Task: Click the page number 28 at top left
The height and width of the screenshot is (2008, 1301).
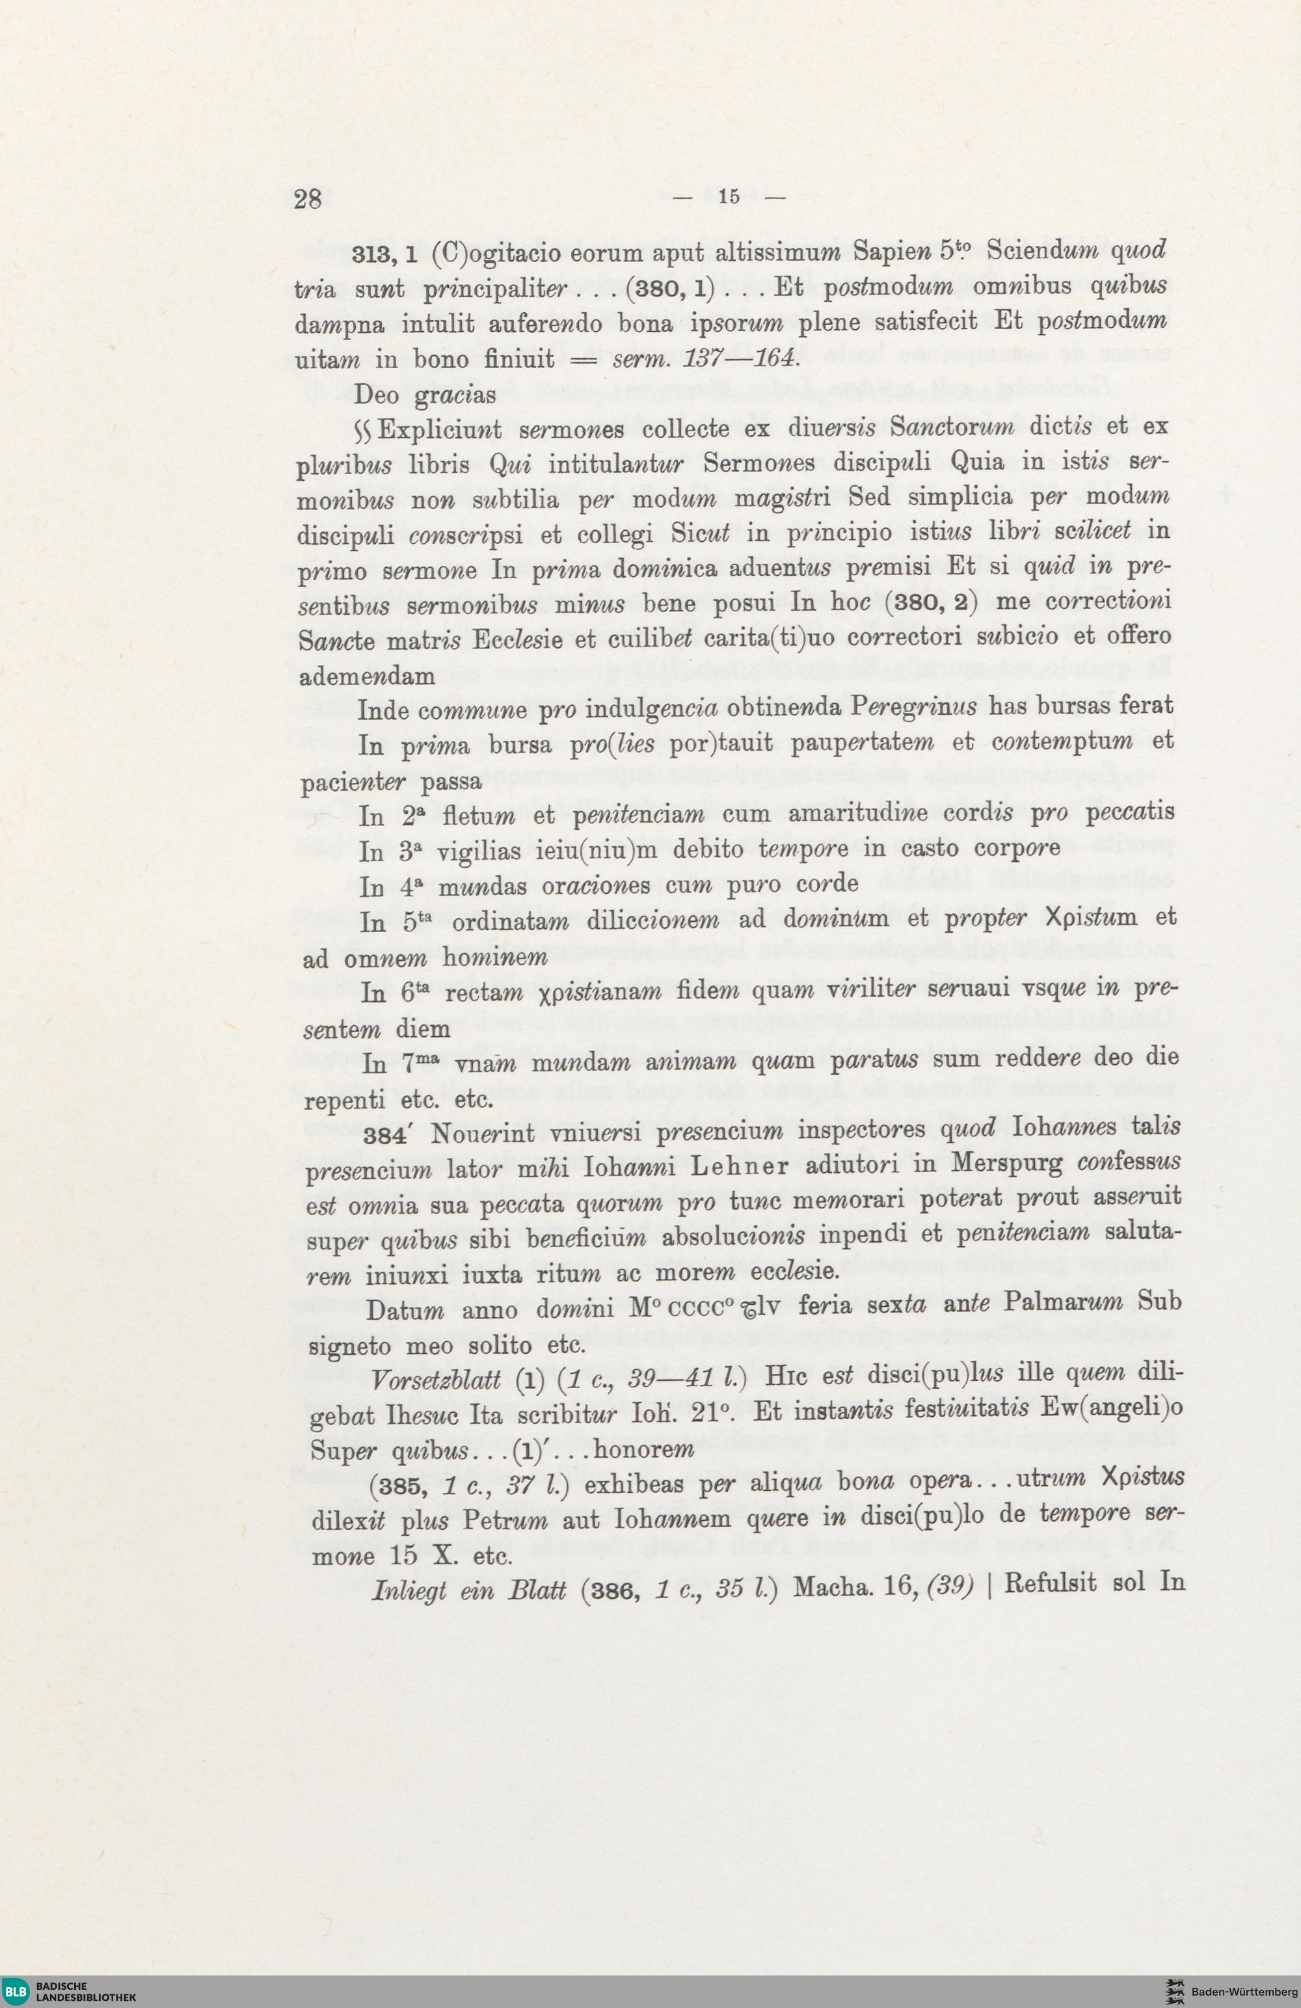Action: click(x=308, y=200)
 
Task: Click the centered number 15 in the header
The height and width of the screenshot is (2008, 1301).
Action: click(x=729, y=196)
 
